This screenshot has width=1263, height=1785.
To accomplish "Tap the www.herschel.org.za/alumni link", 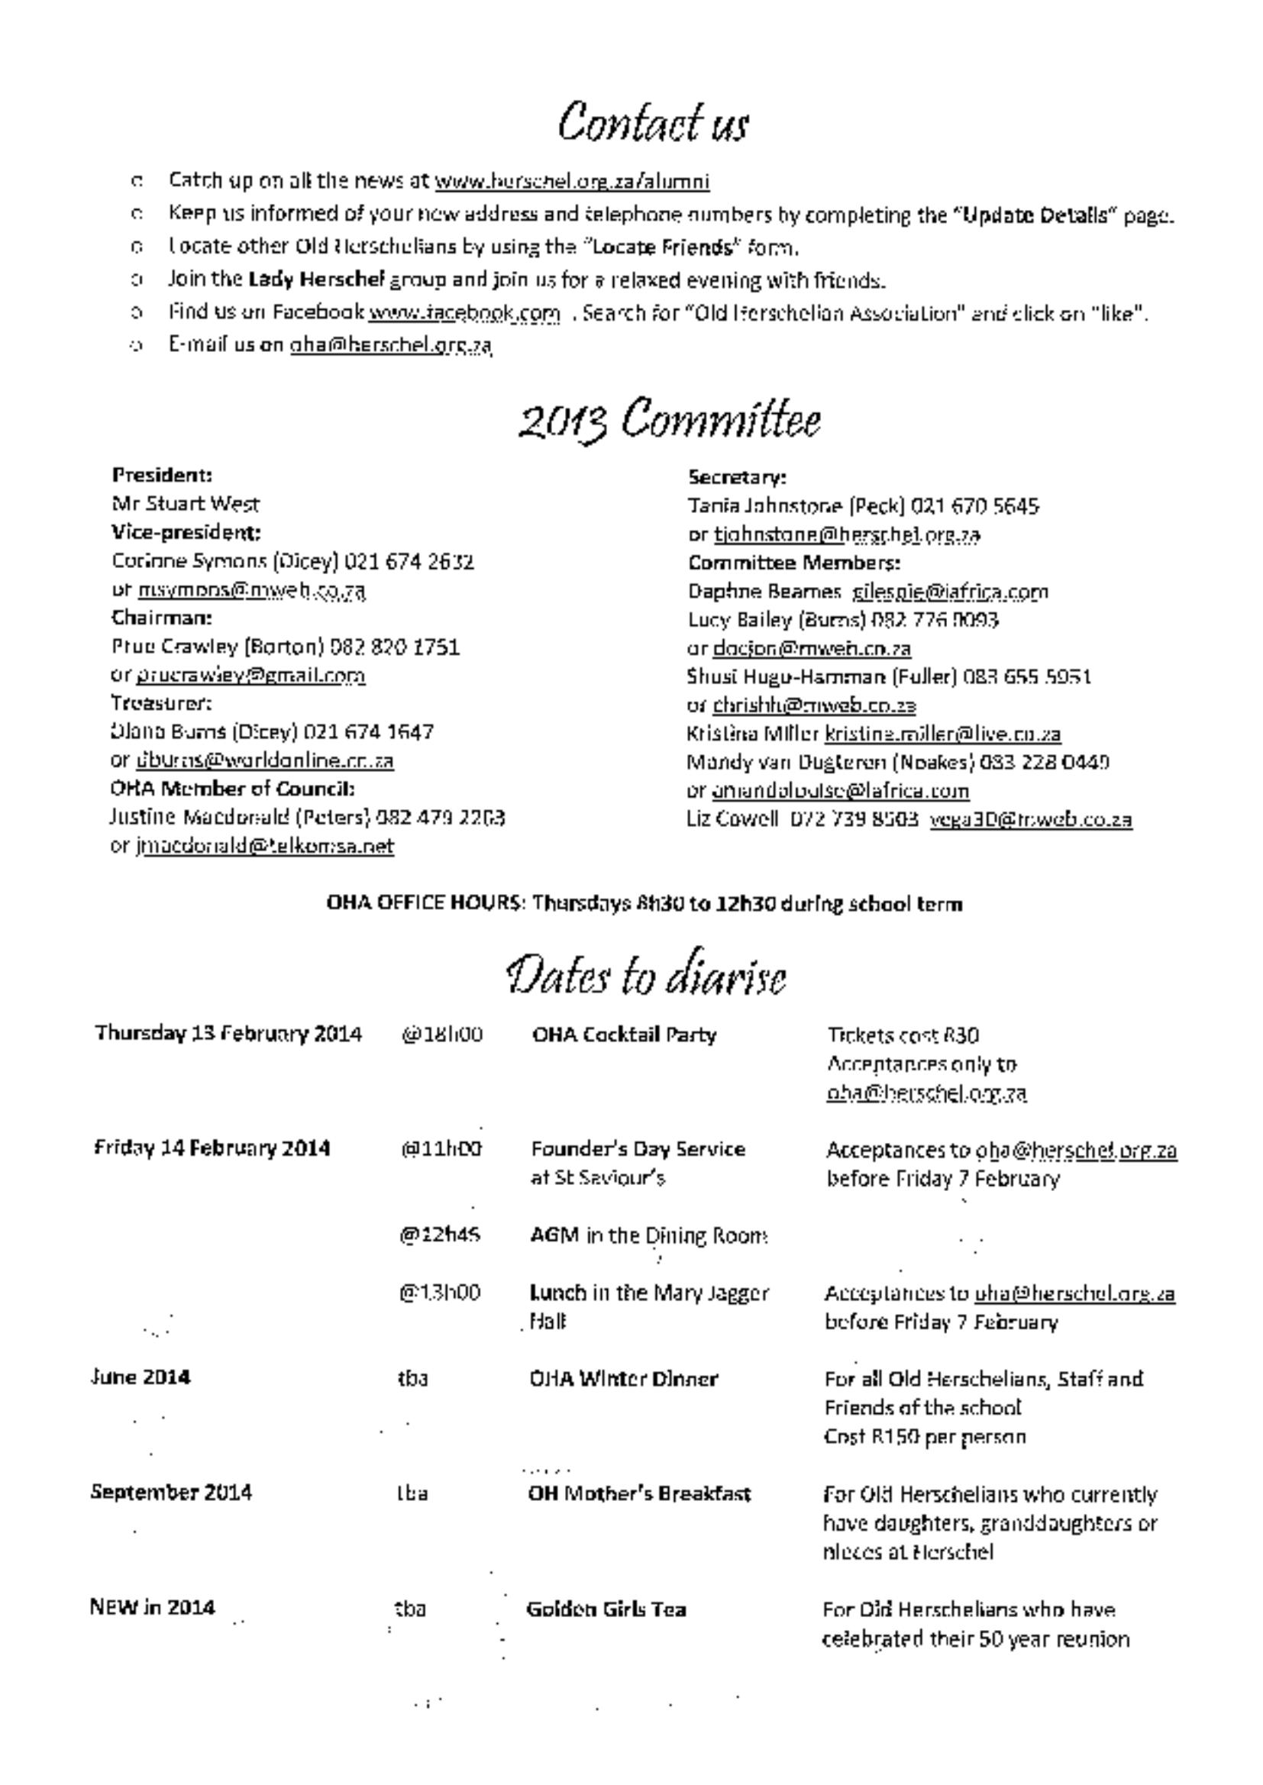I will tap(572, 181).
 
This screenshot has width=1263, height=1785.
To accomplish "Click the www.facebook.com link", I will tap(464, 312).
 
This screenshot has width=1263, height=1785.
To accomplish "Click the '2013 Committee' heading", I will tap(669, 420).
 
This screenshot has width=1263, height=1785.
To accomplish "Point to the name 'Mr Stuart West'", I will tap(186, 504).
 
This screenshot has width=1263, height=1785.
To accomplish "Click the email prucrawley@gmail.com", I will tap(250, 675).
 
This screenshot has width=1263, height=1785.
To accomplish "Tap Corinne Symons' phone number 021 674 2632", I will tap(409, 561).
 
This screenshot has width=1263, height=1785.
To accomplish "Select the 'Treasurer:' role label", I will tap(161, 703).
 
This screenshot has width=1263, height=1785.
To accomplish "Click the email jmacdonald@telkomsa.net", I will tap(264, 846).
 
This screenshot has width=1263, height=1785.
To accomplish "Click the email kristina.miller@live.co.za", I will tap(942, 733).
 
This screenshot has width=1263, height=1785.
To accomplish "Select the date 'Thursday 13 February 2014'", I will tap(228, 1034).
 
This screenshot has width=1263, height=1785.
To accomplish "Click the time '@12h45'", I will tap(439, 1235).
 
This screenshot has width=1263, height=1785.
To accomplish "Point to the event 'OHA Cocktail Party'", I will tap(624, 1035).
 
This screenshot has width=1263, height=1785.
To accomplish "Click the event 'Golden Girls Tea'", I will tap(606, 1609).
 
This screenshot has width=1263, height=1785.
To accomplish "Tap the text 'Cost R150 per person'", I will tap(925, 1437).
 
